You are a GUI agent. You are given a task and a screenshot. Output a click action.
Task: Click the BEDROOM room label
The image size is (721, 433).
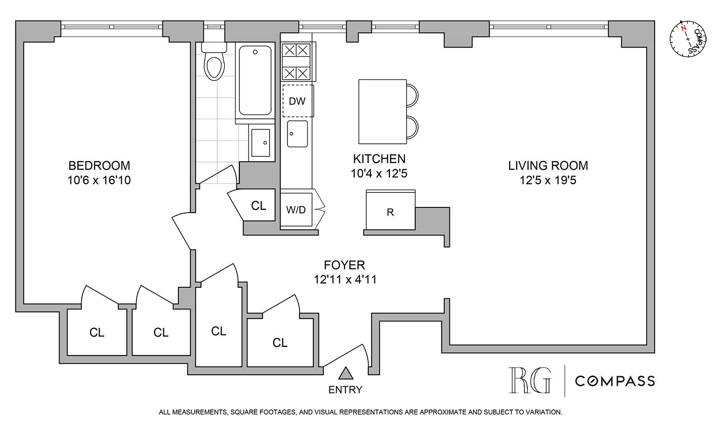[99, 166]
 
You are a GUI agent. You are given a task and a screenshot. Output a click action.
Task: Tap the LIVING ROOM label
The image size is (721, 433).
[548, 166]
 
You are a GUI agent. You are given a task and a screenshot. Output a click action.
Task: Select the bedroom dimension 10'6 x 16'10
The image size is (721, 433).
[99, 180]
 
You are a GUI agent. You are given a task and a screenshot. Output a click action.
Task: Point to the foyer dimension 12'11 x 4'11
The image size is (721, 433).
[345, 280]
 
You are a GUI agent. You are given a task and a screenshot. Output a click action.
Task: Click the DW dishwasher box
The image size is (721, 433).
[298, 101]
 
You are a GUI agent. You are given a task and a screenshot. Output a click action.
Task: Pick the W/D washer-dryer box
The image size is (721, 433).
[296, 210]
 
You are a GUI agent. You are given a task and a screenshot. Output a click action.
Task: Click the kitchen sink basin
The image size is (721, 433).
[297, 134]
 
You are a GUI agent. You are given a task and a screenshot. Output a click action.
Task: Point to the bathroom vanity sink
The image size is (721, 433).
[261, 143]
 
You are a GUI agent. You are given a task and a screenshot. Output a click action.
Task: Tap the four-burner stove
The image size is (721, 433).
[296, 61]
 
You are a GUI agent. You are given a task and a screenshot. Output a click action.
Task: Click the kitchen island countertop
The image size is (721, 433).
[383, 112]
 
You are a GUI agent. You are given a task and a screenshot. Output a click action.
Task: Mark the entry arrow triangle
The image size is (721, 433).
[346, 373]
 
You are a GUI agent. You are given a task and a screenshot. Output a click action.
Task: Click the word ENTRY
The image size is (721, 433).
[345, 390]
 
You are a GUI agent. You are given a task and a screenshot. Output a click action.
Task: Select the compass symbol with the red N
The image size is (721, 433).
[688, 38]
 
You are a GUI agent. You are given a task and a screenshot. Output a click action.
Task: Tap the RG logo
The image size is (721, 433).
[530, 380]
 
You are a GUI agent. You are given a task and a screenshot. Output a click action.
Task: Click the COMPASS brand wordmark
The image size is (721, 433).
[615, 381]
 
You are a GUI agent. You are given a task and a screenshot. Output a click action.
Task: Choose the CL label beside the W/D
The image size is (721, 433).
[259, 206]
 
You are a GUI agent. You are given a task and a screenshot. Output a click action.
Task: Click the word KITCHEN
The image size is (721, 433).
[379, 159]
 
